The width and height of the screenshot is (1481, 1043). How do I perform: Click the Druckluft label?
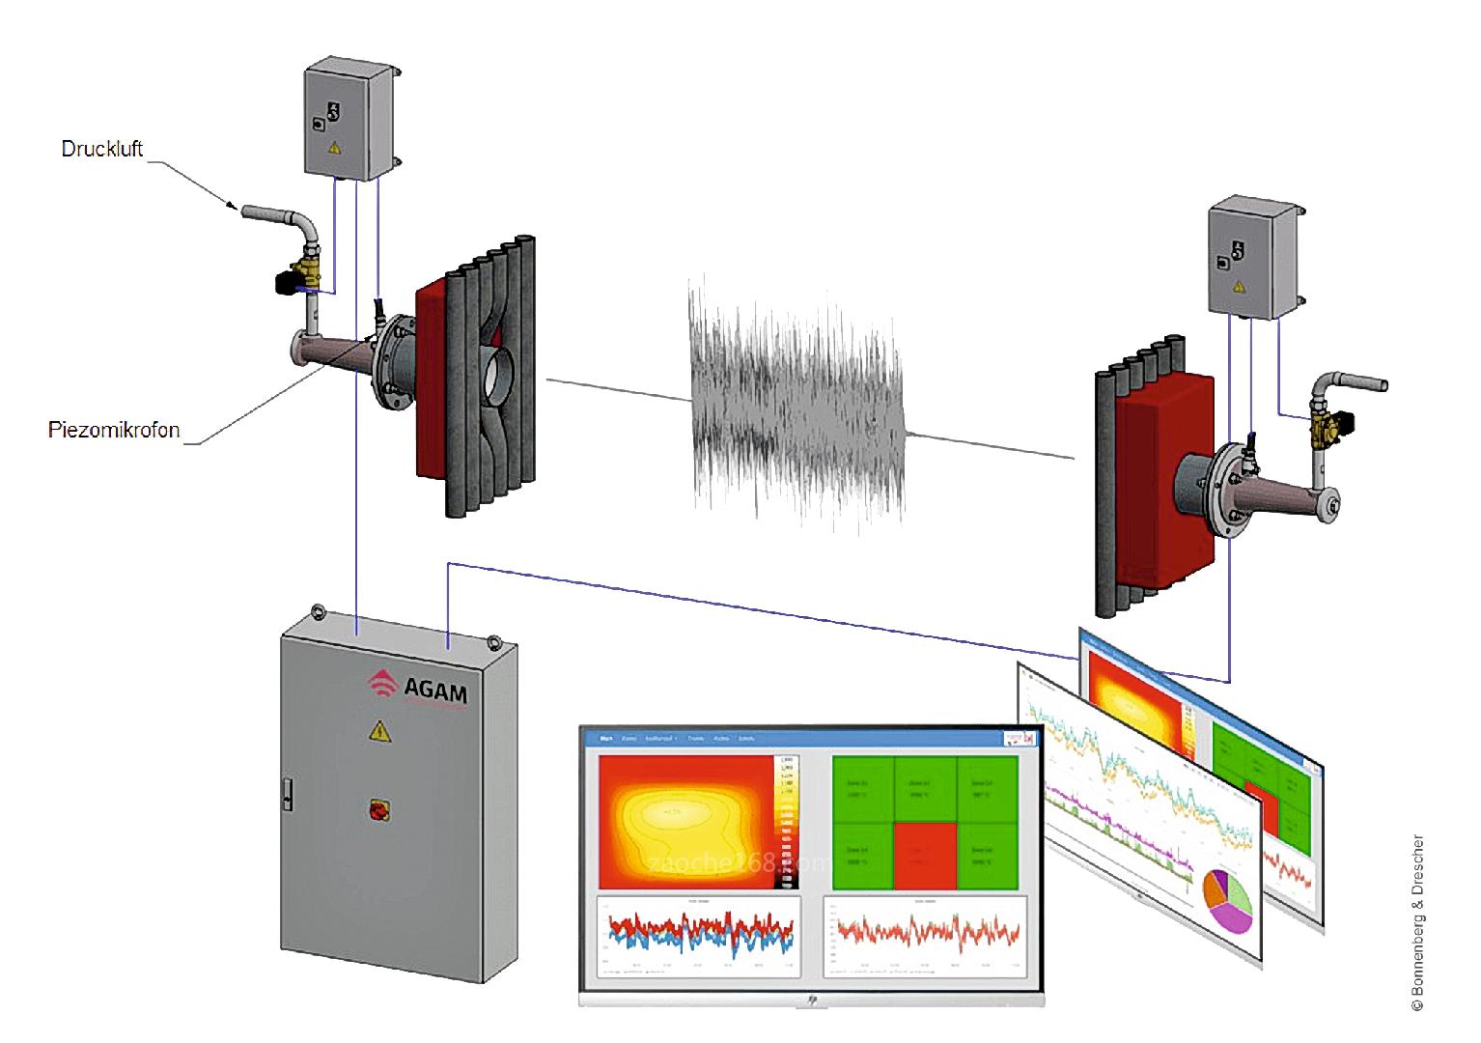pos(102,149)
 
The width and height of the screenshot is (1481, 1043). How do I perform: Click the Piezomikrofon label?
pos(114,430)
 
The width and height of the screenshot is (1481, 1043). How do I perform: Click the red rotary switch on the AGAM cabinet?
pos(375,810)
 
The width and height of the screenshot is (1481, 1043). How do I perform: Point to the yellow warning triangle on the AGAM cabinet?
pos(379,732)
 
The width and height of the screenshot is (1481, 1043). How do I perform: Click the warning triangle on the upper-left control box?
pos(335,149)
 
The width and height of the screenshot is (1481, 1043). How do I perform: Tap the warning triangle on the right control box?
pos(1240,285)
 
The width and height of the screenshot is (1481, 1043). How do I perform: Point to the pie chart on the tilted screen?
pos(1227,899)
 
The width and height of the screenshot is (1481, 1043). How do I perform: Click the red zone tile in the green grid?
pos(924,855)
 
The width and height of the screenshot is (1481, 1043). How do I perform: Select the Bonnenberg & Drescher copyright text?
pos(1417,922)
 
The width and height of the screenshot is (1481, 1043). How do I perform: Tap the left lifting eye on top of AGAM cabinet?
pos(314,611)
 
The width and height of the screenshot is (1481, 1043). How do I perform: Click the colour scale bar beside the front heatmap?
pos(787,821)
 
